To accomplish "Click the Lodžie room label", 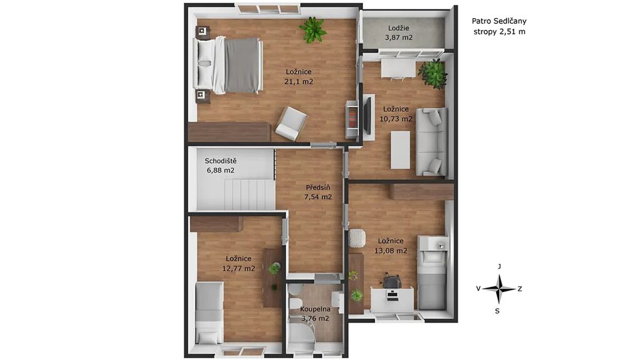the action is (x=398, y=28).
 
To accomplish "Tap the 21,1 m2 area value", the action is (x=298, y=81).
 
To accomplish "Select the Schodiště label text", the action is (x=221, y=161).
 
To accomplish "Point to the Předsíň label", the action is (x=318, y=187).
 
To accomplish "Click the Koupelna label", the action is (x=315, y=309).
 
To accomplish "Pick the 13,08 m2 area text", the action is (x=391, y=251).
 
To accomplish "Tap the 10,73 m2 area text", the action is (x=396, y=119).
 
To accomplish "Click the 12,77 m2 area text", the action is (x=238, y=268).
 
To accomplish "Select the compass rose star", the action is (x=498, y=289).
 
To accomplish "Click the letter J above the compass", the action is (x=499, y=266).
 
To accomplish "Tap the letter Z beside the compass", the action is (x=520, y=289).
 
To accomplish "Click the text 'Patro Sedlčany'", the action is (x=499, y=21).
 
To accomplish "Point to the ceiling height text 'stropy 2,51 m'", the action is (x=499, y=31).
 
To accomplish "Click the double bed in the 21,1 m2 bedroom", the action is (x=230, y=65).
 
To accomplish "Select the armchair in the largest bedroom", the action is (x=291, y=123).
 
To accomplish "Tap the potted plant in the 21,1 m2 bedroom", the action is (x=313, y=29).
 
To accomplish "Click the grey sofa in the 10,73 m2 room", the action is (x=431, y=142).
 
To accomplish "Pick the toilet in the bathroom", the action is (x=294, y=302).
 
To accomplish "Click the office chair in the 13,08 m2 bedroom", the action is (x=392, y=281).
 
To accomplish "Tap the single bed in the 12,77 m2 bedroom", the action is (x=209, y=313).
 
